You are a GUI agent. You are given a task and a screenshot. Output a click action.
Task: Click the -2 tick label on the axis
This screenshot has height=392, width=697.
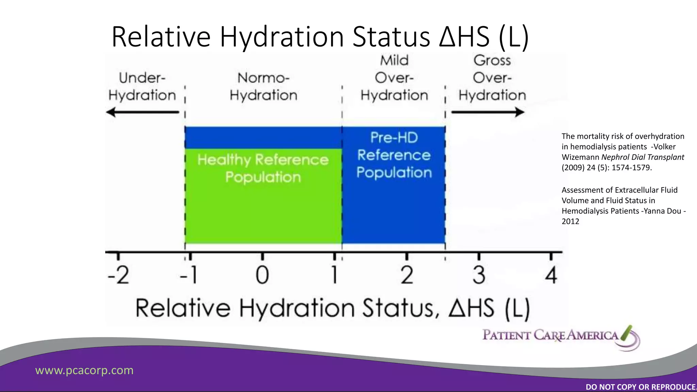pyautogui.click(x=118, y=275)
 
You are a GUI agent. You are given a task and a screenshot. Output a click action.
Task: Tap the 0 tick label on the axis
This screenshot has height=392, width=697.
pyautogui.click(x=262, y=275)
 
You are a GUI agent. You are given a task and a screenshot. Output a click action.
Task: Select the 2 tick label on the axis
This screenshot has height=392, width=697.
pyautogui.click(x=407, y=275)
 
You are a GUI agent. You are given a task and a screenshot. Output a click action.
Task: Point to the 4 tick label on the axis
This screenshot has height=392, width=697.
pyautogui.click(x=551, y=275)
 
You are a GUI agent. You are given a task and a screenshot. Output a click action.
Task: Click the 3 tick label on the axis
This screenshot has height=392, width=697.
pyautogui.click(x=479, y=275)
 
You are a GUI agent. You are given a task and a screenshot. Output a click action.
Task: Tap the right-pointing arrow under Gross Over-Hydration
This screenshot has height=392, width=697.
pyautogui.click(x=488, y=112)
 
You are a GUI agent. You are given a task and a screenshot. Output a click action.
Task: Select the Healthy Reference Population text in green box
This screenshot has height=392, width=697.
pyautogui.click(x=263, y=168)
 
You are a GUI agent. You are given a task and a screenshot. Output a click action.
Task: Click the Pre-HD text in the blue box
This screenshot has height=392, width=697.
pyautogui.click(x=394, y=138)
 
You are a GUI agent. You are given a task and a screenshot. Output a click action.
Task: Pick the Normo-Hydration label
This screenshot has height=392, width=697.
pyautogui.click(x=263, y=86)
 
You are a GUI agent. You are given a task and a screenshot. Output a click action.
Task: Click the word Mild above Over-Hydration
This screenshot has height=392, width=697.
pyautogui.click(x=394, y=61)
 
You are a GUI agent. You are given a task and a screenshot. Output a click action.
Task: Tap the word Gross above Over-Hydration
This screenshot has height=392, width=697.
pyautogui.click(x=492, y=61)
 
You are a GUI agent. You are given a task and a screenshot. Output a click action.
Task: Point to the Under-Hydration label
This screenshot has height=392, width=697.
pyautogui.click(x=142, y=86)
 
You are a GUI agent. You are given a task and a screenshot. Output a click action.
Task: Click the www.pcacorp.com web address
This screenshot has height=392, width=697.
pyautogui.click(x=84, y=370)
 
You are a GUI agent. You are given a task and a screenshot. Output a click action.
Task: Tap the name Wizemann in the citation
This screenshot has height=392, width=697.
pyautogui.click(x=581, y=157)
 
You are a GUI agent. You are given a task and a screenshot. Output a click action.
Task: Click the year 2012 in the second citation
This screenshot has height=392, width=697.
pyautogui.click(x=570, y=222)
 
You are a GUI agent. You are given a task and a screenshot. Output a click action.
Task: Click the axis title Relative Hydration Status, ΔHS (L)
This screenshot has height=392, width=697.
pyautogui.click(x=333, y=308)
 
